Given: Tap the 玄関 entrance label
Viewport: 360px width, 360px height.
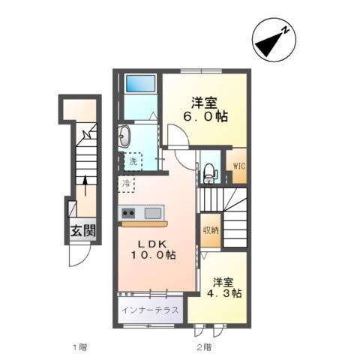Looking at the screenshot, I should pyautogui.click(x=84, y=232).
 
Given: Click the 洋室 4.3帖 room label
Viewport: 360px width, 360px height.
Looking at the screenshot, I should pyautogui.click(x=226, y=288).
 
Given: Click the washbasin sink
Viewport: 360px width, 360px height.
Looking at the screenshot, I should pyautogui.click(x=124, y=137).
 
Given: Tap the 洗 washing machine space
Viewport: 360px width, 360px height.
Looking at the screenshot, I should pyautogui.click(x=132, y=161).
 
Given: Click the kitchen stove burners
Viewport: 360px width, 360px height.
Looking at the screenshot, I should pyautogui.click(x=127, y=211).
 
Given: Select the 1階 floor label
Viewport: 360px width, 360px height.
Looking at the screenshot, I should pyautogui.click(x=79, y=347).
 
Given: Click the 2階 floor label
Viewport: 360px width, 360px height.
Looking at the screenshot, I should pyautogui.click(x=203, y=347).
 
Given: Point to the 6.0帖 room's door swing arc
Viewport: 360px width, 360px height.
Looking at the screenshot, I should pyautogui.click(x=176, y=137).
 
